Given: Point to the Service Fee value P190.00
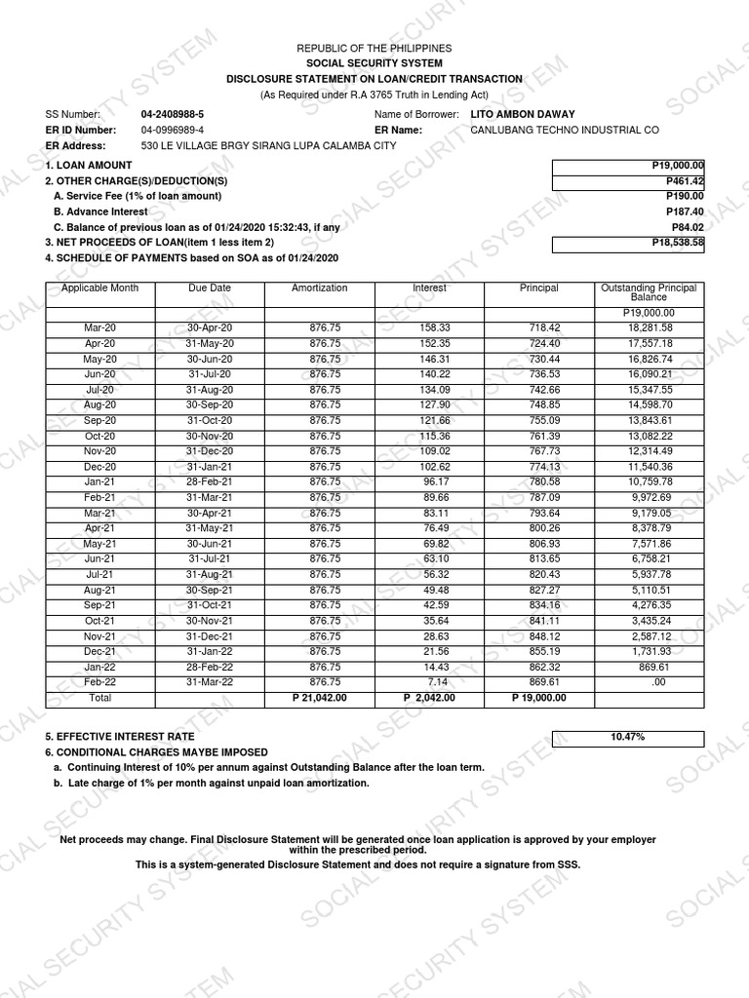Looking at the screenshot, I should coord(684,196).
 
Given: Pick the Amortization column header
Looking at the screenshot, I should coord(319,288).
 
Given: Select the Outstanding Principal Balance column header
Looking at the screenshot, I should coord(649,292).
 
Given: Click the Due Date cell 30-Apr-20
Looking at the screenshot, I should coord(210,328).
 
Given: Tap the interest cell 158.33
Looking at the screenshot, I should coord(429,328).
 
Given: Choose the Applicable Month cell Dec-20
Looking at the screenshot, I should coord(99,467).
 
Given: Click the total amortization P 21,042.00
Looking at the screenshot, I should coord(319,699).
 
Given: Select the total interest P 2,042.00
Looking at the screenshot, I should coord(429,699).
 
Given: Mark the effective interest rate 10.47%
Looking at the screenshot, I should coord(627,737).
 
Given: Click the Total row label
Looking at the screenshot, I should coord(99,699).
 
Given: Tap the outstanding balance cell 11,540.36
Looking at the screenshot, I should coord(650,467).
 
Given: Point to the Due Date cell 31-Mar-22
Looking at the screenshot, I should coord(210,682).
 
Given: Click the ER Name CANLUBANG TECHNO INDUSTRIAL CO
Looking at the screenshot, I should coord(565,130).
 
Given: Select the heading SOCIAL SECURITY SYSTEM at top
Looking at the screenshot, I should coord(374,63).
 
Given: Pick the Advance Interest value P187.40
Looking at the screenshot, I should coord(684,211).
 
